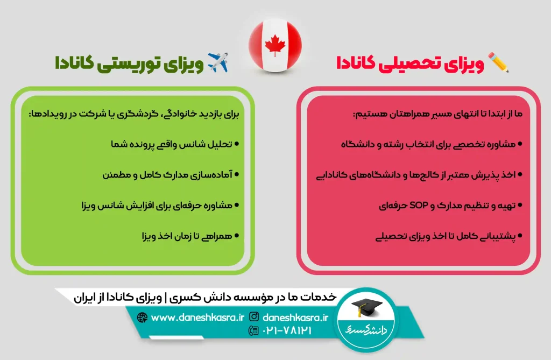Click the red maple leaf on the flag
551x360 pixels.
[275, 45]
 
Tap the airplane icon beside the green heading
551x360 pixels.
[218, 62]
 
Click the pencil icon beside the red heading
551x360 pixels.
[498, 62]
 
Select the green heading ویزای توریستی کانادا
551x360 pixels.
[129, 63]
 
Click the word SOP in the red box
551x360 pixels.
[419, 205]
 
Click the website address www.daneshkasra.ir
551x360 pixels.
[197, 318]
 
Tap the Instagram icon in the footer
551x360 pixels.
[254, 317]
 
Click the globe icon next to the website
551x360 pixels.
[142, 317]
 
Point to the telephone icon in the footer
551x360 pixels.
[253, 330]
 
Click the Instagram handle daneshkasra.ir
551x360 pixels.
[295, 317]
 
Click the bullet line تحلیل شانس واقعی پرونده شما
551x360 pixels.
[172, 145]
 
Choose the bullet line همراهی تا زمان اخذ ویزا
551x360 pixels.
[187, 236]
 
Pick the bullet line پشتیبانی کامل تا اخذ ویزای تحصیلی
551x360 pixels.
[446, 236]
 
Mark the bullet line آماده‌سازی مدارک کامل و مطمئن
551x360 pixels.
[167, 175]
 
